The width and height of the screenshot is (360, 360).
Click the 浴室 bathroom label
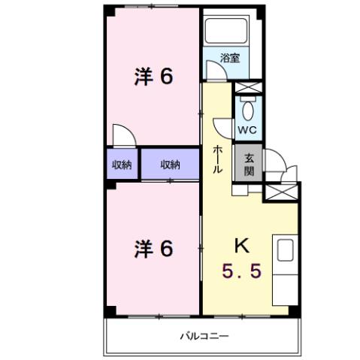point(230,57)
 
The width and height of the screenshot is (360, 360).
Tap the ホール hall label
point(217,159)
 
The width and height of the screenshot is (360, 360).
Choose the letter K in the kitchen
point(242,246)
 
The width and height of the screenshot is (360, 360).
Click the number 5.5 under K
point(242,268)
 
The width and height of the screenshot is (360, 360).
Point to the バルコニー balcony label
point(204,337)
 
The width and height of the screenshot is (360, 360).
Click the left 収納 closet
point(121,165)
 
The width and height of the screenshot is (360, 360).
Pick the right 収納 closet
point(171,165)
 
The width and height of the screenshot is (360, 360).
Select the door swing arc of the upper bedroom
point(123,135)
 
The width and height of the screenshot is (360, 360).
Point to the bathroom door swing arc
point(216,71)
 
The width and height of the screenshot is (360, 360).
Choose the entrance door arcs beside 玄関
point(274,167)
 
